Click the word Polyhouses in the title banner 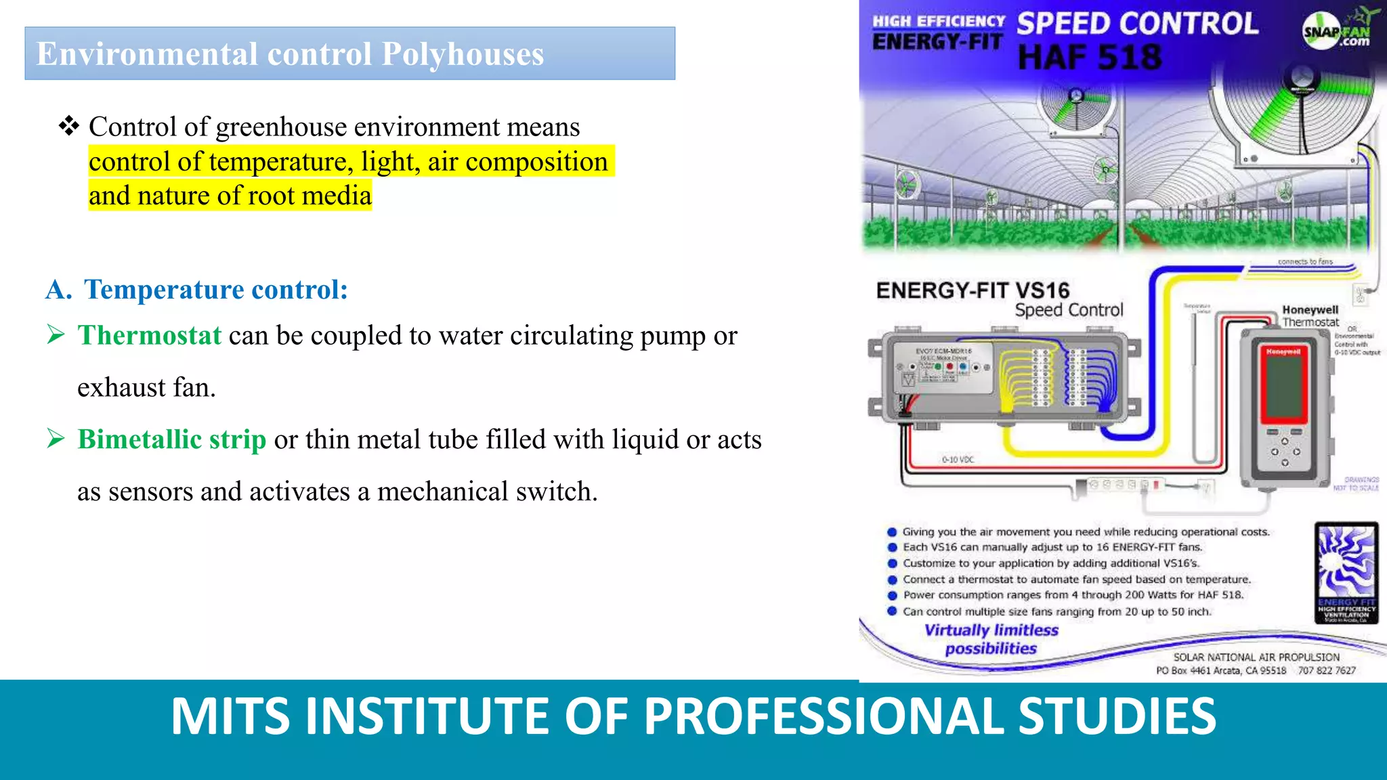(x=463, y=54)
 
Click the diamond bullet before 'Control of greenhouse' (x=68, y=126)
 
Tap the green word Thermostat (x=149, y=336)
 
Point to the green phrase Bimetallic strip (x=171, y=440)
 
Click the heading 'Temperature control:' (x=215, y=290)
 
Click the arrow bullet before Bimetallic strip (x=56, y=439)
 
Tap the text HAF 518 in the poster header (x=1090, y=58)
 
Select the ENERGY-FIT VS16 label (x=973, y=291)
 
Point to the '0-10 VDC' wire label (x=958, y=460)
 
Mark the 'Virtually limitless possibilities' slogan (x=991, y=639)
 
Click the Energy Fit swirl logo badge (x=1346, y=571)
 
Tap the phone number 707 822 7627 (x=1326, y=670)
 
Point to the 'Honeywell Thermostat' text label (x=1310, y=316)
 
